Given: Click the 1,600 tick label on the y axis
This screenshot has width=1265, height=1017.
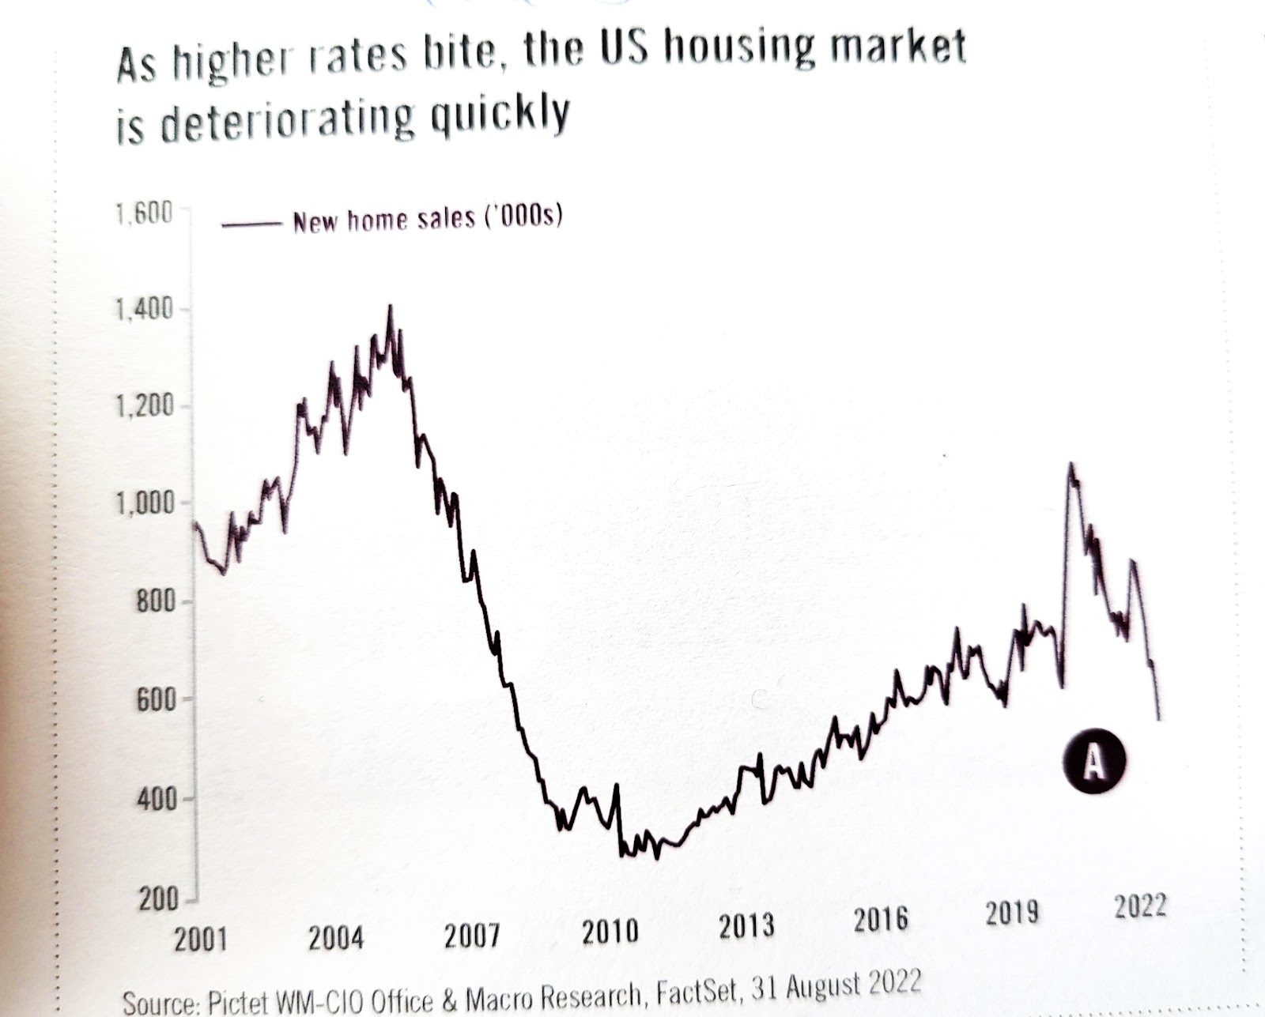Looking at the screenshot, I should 143,215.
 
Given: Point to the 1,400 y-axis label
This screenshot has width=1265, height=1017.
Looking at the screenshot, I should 143,311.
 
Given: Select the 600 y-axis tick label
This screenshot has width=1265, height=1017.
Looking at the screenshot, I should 154,700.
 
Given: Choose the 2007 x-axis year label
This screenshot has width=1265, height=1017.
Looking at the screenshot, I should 471,937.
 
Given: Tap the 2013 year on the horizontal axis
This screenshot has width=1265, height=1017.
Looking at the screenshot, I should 746,926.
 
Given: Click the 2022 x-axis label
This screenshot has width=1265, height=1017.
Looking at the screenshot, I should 1140,906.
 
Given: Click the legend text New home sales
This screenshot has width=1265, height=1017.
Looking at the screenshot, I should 427,219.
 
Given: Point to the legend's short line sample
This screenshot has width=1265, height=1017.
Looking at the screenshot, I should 251,225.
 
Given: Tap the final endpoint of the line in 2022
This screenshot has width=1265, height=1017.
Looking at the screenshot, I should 1159,718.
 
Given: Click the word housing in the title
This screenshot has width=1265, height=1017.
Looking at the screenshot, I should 734,49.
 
